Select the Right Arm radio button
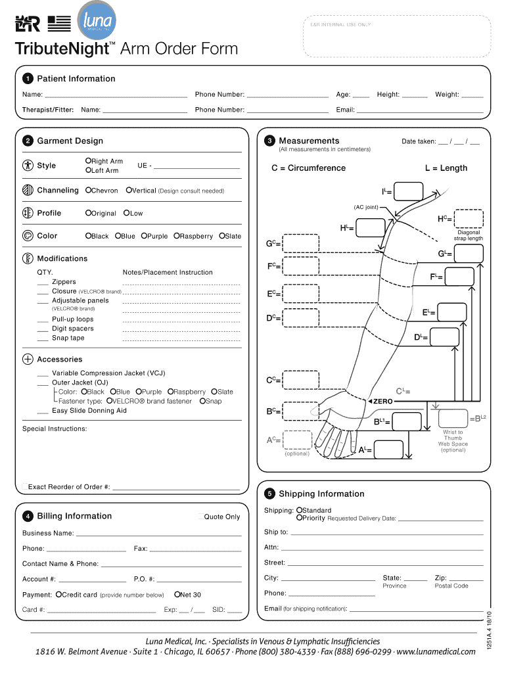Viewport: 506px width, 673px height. point(88,161)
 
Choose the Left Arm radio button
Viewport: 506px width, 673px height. point(88,171)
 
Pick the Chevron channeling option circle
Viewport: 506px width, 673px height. point(88,191)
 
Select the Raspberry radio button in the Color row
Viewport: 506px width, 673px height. point(176,236)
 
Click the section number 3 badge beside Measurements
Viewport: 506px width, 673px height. point(269,141)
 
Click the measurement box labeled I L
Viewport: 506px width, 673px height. point(408,191)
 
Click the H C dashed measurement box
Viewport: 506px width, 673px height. point(469,218)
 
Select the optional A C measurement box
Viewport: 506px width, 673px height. point(298,440)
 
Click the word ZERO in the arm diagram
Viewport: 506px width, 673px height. point(382,401)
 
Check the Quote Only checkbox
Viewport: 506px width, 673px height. point(200,517)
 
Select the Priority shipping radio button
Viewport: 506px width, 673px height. point(299,519)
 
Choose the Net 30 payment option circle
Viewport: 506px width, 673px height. point(177,595)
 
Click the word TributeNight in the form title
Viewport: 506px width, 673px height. point(60,49)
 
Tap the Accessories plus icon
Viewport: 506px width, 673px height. point(28,360)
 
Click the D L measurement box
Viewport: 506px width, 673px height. point(445,337)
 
